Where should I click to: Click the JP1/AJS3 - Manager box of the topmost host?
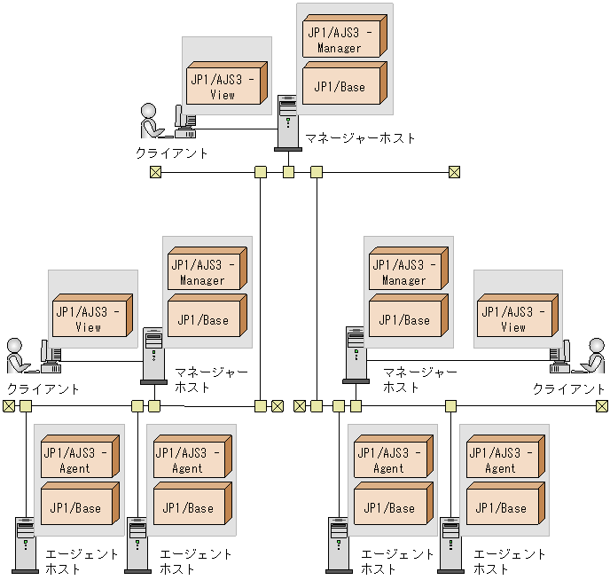343,39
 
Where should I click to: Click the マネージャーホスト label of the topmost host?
360,138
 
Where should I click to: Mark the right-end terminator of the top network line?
454,172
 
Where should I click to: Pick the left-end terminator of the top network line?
156,172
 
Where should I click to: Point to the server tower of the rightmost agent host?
450,545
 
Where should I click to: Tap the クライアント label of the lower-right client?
569,388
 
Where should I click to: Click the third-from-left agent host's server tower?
338,545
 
